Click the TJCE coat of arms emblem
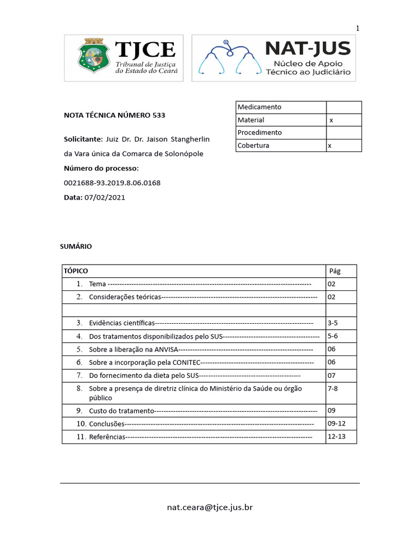[90, 57]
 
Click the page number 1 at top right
[358, 28]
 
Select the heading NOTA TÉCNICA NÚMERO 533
[114, 115]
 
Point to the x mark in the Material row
[331, 120]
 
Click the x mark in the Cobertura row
[329, 146]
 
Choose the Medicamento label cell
[259, 107]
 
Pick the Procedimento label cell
[260, 133]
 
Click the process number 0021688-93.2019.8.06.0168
[112, 183]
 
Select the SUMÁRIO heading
[76, 247]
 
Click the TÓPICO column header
[76, 271]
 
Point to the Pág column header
[335, 271]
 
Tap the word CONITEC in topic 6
[186, 363]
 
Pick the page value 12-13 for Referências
[337, 437]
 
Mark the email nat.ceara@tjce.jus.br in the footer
[210, 507]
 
